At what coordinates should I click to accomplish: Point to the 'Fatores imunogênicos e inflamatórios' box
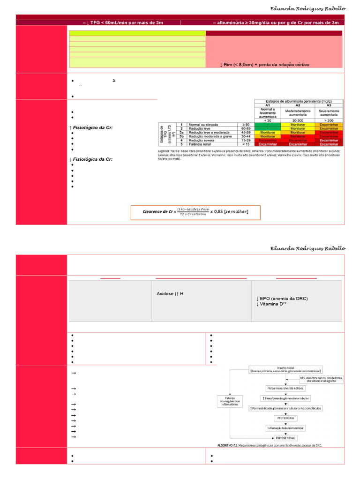pyautogui.click(x=230, y=401)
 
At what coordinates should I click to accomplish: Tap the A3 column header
pyautogui.click(x=329, y=106)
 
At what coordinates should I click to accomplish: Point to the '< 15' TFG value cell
pyautogui.click(x=243, y=145)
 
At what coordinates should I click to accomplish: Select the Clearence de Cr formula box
pyautogui.click(x=195, y=212)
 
